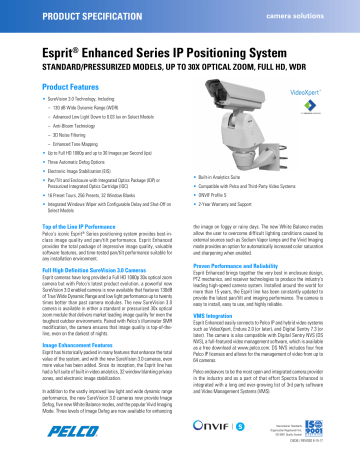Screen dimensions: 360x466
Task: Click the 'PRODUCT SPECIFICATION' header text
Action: (x=63, y=17)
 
